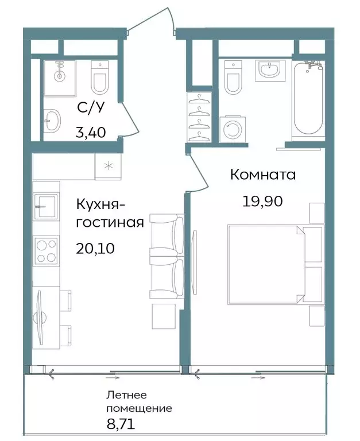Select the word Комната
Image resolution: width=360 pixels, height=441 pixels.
pyautogui.click(x=263, y=175)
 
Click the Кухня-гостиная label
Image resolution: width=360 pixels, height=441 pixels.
pyautogui.click(x=110, y=212)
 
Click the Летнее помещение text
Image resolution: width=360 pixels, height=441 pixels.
pyautogui.click(x=139, y=402)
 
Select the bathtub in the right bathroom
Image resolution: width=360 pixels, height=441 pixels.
pyautogui.click(x=308, y=99)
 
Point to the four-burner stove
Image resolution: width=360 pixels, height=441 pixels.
pyautogui.click(x=47, y=250)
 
